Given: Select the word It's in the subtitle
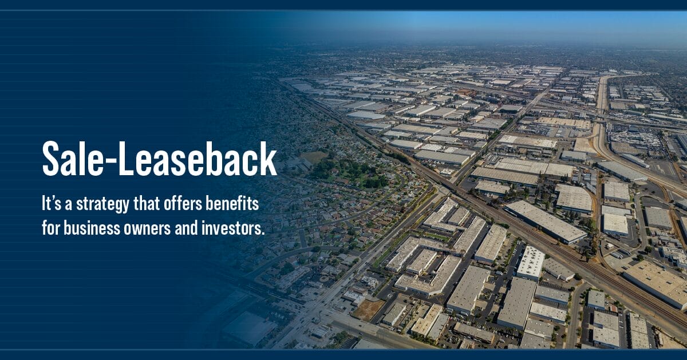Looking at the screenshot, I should (52, 203).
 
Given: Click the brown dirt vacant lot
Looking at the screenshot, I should (368, 309).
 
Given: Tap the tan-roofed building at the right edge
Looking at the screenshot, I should (658, 280).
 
